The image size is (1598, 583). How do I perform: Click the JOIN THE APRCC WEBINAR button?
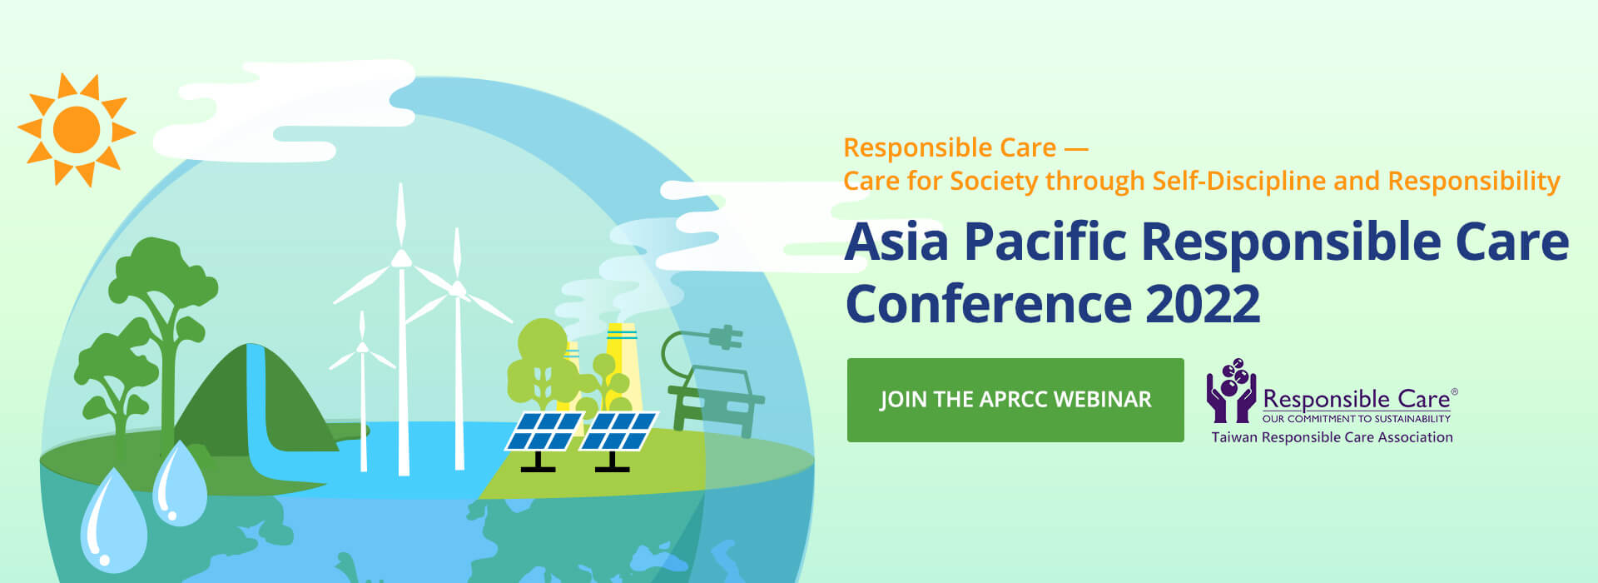point(1015,400)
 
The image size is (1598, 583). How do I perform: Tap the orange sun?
point(77,130)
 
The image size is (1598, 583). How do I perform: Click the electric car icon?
point(717,400)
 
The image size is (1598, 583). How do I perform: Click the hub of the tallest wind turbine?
point(402,258)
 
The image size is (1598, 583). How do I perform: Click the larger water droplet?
point(113,521)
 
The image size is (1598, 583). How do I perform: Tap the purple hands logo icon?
point(1231,391)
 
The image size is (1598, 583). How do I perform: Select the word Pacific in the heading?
point(1045,242)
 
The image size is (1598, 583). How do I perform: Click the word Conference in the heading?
point(989,303)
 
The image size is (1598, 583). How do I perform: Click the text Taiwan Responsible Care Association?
point(1332,437)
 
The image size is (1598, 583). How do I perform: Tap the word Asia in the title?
point(896,242)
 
